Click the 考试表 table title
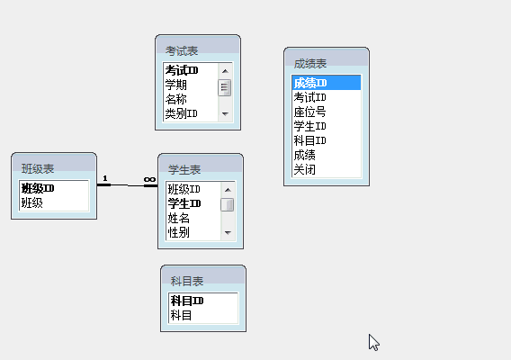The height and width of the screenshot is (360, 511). tap(182, 51)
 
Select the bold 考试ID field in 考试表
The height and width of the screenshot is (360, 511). tap(182, 70)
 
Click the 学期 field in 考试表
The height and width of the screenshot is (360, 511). tap(176, 85)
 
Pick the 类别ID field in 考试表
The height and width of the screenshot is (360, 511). tap(181, 113)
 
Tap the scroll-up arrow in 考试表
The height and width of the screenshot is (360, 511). tap(225, 71)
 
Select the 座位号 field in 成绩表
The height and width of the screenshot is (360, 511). tap(309, 112)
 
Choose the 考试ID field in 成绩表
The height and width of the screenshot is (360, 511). tap(309, 97)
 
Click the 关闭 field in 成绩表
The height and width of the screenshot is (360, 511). tap(304, 169)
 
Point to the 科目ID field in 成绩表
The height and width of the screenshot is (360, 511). tap(309, 140)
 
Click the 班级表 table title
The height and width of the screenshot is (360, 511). tap(38, 169)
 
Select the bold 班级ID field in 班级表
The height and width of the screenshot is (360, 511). tap(38, 188)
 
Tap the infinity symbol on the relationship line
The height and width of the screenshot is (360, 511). tap(149, 179)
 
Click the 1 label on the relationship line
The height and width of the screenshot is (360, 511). tap(105, 178)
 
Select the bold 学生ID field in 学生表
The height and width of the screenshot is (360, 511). tap(184, 203)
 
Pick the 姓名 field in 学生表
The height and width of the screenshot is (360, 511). tap(179, 218)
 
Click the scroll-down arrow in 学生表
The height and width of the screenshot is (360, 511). tap(228, 233)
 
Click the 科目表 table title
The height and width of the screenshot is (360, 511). tap(187, 281)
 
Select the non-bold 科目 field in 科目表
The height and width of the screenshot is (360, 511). tap(181, 315)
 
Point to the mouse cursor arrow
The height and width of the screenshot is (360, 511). tap(373, 342)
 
